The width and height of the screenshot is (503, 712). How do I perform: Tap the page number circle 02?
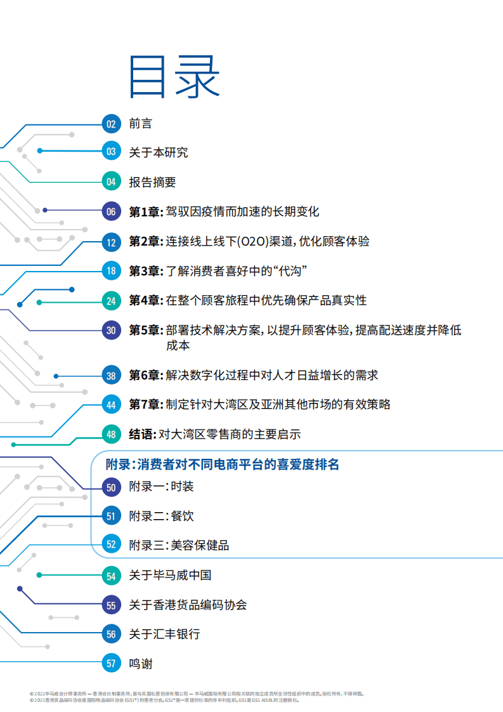click(x=111, y=124)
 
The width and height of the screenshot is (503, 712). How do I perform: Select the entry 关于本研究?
click(x=158, y=152)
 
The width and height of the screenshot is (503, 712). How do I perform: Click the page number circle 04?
click(x=111, y=182)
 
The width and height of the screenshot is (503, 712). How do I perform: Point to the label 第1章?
click(x=145, y=212)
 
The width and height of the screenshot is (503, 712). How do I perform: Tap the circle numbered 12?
click(x=111, y=242)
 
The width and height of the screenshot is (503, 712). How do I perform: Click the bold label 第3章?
click(x=145, y=271)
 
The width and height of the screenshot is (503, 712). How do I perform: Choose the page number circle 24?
click(x=111, y=301)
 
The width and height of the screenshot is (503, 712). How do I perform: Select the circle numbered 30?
click(x=111, y=330)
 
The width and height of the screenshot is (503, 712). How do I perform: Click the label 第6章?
click(x=145, y=376)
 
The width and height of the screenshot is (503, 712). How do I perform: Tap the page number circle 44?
click(x=111, y=405)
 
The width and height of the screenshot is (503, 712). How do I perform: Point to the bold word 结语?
click(x=142, y=435)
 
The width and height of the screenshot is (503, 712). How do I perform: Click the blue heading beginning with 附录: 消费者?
click(x=223, y=465)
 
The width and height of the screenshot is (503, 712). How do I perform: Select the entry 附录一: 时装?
click(x=161, y=487)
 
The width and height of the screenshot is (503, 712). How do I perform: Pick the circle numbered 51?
click(x=111, y=517)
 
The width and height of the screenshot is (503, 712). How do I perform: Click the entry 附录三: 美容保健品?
click(x=179, y=545)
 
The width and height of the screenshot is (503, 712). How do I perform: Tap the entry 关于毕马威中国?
click(x=170, y=576)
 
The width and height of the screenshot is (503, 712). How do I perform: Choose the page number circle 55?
click(x=111, y=605)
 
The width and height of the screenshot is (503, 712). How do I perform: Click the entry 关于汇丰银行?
click(x=164, y=634)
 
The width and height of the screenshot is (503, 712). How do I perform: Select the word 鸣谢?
click(x=140, y=664)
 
